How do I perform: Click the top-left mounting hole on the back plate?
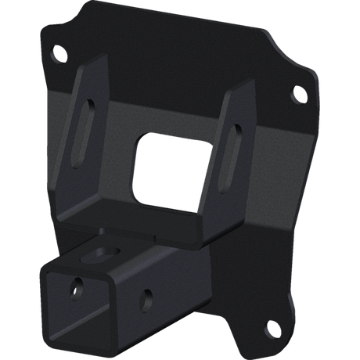pyautogui.click(x=56, y=56)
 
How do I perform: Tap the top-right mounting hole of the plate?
pyautogui.click(x=298, y=95)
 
